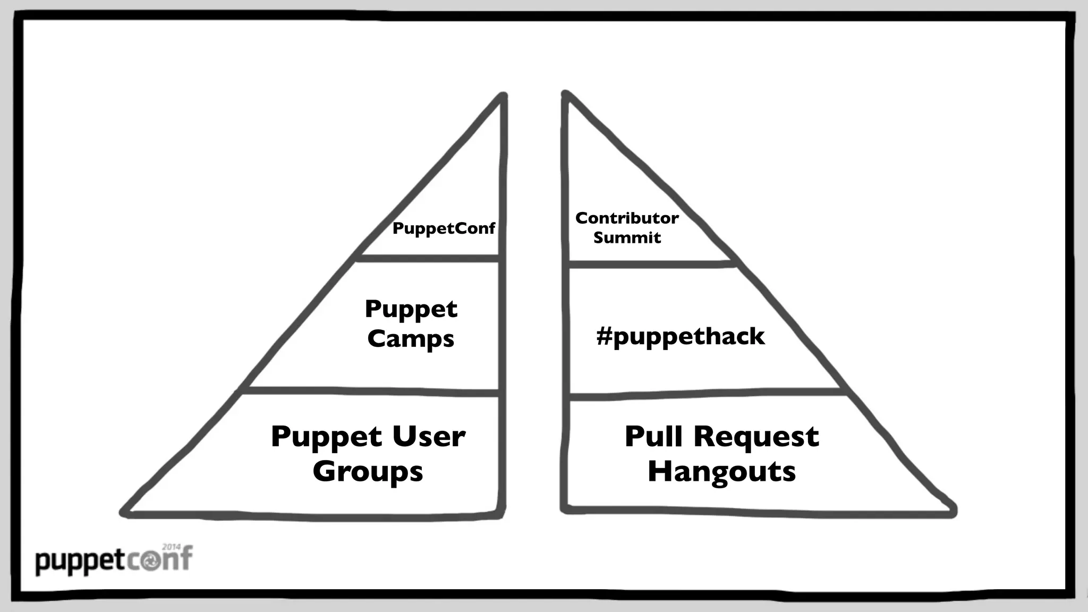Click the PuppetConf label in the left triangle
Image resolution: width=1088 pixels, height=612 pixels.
444,228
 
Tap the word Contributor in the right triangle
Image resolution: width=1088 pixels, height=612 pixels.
627,218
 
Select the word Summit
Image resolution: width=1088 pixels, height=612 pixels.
627,237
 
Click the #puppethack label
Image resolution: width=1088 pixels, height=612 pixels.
681,336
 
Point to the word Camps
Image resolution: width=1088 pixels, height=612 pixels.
411,339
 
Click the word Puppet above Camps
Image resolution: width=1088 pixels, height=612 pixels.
411,310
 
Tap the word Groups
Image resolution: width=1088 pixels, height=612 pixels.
368,471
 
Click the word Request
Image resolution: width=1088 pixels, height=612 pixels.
756,438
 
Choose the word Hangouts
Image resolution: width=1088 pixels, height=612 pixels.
721,471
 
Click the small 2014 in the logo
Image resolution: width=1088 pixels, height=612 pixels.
171,547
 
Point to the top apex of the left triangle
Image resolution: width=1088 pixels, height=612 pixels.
502,96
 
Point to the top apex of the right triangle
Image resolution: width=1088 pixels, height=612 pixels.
566,95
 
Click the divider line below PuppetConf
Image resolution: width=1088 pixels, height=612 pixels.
428,258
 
